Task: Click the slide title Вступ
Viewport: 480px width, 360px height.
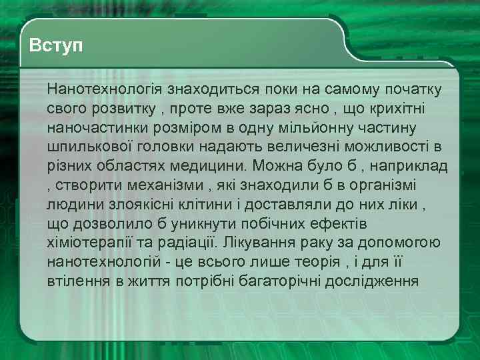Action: [56, 47]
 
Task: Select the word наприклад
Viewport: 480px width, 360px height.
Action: [417, 165]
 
